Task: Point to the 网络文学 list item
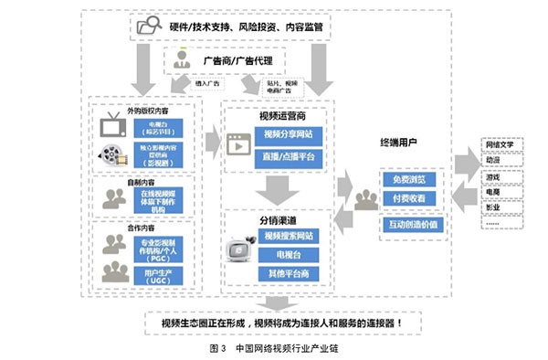(501, 147)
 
